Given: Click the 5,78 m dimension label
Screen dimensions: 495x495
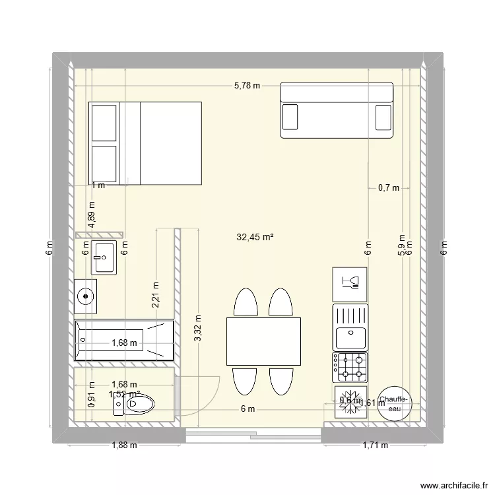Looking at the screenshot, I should [x=247, y=85].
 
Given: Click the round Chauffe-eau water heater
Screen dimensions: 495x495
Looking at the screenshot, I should [x=395, y=403].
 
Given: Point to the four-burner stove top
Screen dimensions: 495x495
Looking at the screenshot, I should [x=350, y=368].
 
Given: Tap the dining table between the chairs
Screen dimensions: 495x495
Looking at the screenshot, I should [x=263, y=341].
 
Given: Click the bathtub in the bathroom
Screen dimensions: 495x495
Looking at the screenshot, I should [x=125, y=341].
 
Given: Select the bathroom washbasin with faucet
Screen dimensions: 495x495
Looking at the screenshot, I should [x=104, y=257].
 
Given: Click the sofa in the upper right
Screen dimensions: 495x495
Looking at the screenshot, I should [x=337, y=110].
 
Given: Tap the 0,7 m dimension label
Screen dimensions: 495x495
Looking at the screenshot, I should [x=389, y=187].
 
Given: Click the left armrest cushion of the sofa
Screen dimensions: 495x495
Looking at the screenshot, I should [x=290, y=117].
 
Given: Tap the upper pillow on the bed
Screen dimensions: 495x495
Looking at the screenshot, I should [x=104, y=122].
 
